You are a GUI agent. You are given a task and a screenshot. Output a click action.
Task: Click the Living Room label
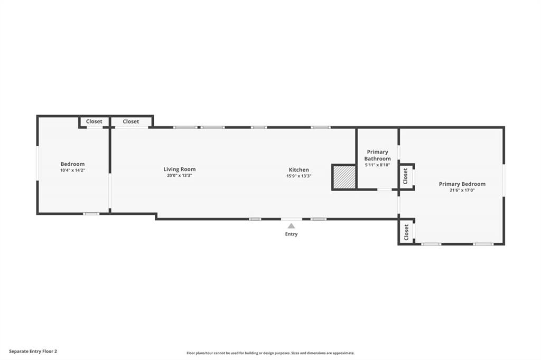pos(180,169)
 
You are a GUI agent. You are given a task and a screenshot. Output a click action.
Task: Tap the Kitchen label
pos(299,169)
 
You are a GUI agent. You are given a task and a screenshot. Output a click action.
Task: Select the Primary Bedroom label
pos(462,184)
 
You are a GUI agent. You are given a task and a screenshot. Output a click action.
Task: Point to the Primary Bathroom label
pos(377,155)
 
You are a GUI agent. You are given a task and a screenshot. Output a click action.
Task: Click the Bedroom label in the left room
pos(72,164)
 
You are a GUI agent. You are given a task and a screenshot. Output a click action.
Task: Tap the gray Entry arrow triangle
pos(292,226)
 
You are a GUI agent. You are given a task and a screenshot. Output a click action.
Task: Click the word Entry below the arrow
pos(291,234)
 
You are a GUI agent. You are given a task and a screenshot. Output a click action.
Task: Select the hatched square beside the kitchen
pos(344,177)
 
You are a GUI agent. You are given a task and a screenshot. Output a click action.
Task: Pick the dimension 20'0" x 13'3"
pos(180,175)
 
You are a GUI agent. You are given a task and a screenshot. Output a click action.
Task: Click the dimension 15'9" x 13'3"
pos(299,176)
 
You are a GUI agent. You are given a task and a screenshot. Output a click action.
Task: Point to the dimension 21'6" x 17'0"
pos(462,190)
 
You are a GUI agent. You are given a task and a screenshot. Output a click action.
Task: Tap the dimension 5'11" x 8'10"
pos(377,165)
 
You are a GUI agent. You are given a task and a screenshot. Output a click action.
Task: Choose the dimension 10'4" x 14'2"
pos(72,170)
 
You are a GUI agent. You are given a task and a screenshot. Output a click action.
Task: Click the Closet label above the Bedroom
pos(94,121)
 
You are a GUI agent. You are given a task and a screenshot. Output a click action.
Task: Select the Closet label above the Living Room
pos(131,121)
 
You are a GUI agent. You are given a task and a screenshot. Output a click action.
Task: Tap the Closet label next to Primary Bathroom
pos(405,176)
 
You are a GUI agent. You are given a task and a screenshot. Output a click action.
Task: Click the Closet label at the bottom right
pos(406,232)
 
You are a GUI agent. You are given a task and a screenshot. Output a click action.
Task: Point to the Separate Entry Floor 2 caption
pos(33,352)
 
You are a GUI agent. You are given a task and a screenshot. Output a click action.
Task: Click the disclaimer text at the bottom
pos(270,353)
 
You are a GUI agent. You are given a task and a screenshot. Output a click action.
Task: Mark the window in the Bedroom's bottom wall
pos(91,214)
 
